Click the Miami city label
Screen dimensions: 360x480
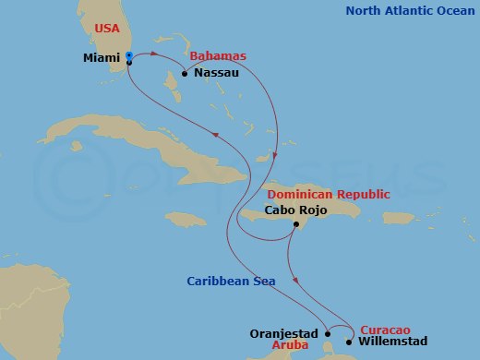(x=102, y=57)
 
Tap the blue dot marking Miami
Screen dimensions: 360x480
(x=128, y=56)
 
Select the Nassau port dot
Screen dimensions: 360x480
(x=185, y=74)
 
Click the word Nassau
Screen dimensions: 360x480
(x=216, y=73)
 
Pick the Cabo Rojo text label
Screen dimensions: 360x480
(x=292, y=210)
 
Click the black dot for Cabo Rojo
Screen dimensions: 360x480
(x=294, y=224)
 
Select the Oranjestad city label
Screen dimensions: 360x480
(x=283, y=333)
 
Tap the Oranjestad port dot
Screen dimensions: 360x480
(x=326, y=334)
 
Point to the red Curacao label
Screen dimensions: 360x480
(x=378, y=329)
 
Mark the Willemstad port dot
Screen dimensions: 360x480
(x=348, y=342)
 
